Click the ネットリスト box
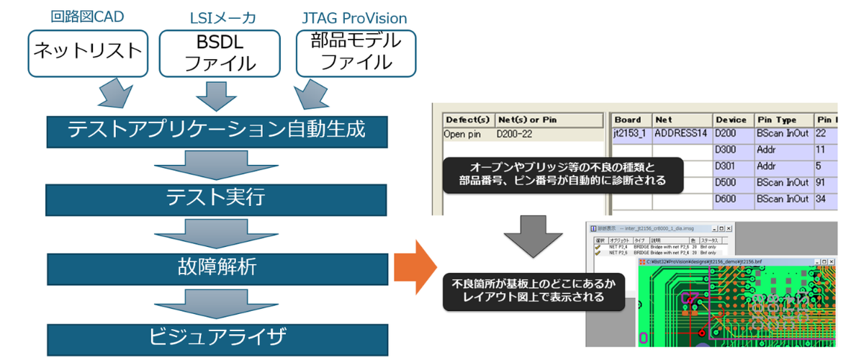(x=87, y=52)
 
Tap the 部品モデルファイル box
(x=356, y=52)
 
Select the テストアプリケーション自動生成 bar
(x=216, y=130)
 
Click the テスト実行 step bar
(x=216, y=197)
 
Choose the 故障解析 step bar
(x=216, y=267)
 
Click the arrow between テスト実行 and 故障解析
(x=216, y=232)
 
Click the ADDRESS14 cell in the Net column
(x=681, y=134)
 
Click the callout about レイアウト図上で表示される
(x=533, y=289)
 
